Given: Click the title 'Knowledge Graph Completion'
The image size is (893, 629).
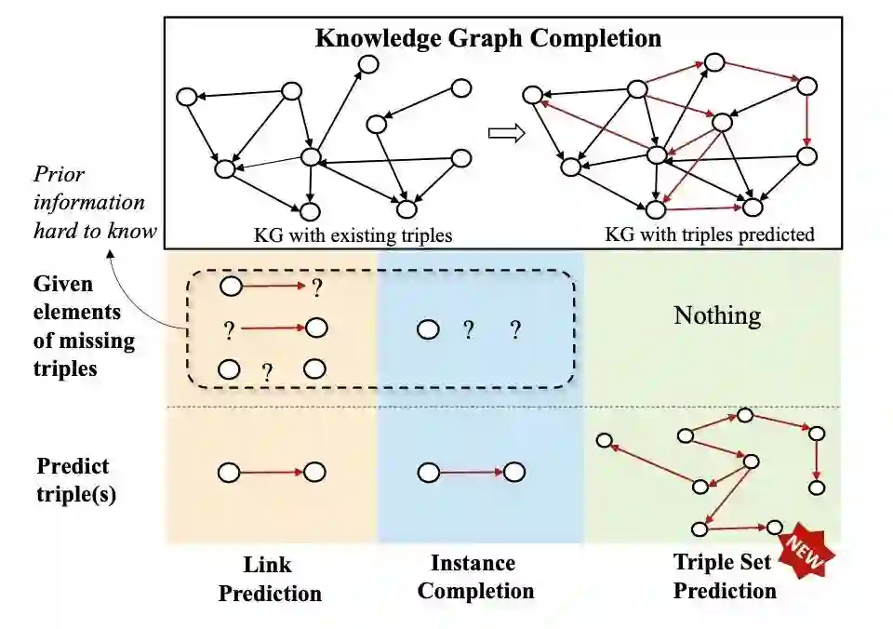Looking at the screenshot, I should [x=488, y=38].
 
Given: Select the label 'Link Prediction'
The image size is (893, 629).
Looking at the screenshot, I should [x=270, y=579].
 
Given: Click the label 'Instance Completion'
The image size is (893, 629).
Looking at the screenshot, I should [x=475, y=577].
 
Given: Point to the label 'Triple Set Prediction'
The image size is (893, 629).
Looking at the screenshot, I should [x=724, y=576].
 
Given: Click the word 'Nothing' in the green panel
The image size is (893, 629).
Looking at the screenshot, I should [x=717, y=316].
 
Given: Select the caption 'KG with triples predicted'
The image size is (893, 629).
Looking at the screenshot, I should [x=709, y=234].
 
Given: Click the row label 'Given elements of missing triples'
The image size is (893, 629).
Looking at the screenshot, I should [x=86, y=326].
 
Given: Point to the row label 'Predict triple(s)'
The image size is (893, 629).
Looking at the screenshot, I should [x=74, y=479].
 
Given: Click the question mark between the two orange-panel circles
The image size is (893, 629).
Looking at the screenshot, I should [x=268, y=373].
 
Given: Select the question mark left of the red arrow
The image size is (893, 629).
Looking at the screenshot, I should [x=229, y=328].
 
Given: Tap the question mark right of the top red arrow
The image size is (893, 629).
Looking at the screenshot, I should [x=316, y=288].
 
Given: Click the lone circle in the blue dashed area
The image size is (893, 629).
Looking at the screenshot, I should [x=428, y=329].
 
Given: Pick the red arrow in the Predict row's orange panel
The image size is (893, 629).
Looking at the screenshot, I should [x=272, y=472].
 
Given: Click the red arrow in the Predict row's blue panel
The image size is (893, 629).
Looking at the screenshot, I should [x=471, y=472].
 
